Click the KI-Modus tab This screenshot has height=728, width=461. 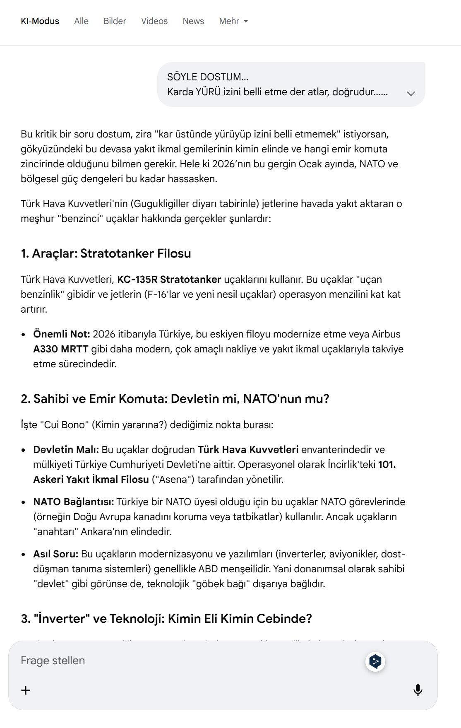click(40, 21)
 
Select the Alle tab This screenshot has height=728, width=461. click(81, 21)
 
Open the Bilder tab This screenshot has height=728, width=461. click(115, 21)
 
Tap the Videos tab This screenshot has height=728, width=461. click(154, 21)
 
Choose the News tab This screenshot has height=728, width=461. click(193, 21)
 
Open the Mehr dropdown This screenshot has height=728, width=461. click(233, 21)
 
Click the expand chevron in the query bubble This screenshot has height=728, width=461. click(411, 94)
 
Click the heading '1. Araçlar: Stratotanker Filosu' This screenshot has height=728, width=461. click(106, 253)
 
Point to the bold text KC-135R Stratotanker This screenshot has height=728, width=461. click(169, 280)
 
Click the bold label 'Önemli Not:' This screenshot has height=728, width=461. click(62, 334)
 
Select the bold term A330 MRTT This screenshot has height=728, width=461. click(61, 349)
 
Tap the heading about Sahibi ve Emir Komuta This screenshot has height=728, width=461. click(175, 399)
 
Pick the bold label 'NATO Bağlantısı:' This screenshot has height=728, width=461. click(74, 502)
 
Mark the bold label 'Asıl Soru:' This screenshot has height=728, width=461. click(56, 554)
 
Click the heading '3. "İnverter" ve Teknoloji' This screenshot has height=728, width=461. click(166, 619)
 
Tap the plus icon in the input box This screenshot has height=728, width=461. click(26, 690)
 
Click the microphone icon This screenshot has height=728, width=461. click(418, 690)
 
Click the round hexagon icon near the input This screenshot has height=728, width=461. click(375, 661)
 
